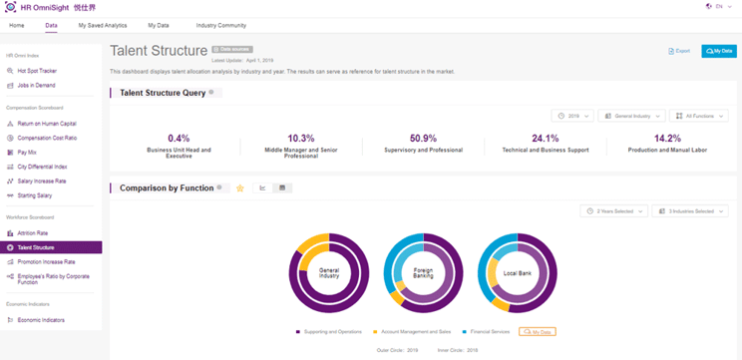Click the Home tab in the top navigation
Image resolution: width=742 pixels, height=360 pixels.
tap(17, 25)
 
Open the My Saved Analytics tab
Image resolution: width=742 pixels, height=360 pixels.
tap(103, 25)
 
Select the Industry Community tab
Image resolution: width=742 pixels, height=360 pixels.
tap(220, 25)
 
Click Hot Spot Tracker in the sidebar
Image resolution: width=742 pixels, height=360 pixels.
tap(36, 71)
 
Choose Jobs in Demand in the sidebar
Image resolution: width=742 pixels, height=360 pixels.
tap(36, 86)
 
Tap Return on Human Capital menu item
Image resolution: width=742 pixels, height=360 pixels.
tap(47, 124)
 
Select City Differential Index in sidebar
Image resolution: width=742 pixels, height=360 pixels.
tap(42, 167)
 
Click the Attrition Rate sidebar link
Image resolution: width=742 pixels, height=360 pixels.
tap(32, 233)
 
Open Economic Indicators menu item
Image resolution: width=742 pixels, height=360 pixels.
tap(40, 320)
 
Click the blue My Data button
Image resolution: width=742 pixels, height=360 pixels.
tap(719, 51)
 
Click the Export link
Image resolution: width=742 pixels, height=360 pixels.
tap(679, 51)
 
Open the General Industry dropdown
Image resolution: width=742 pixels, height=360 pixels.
tap(631, 117)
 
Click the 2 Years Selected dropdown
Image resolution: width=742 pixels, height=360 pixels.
tap(613, 211)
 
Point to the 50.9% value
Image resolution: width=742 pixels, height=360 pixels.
tap(423, 139)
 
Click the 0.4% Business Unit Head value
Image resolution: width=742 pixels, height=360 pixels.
tap(179, 139)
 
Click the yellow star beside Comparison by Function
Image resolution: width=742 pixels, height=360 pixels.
tap(239, 188)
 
